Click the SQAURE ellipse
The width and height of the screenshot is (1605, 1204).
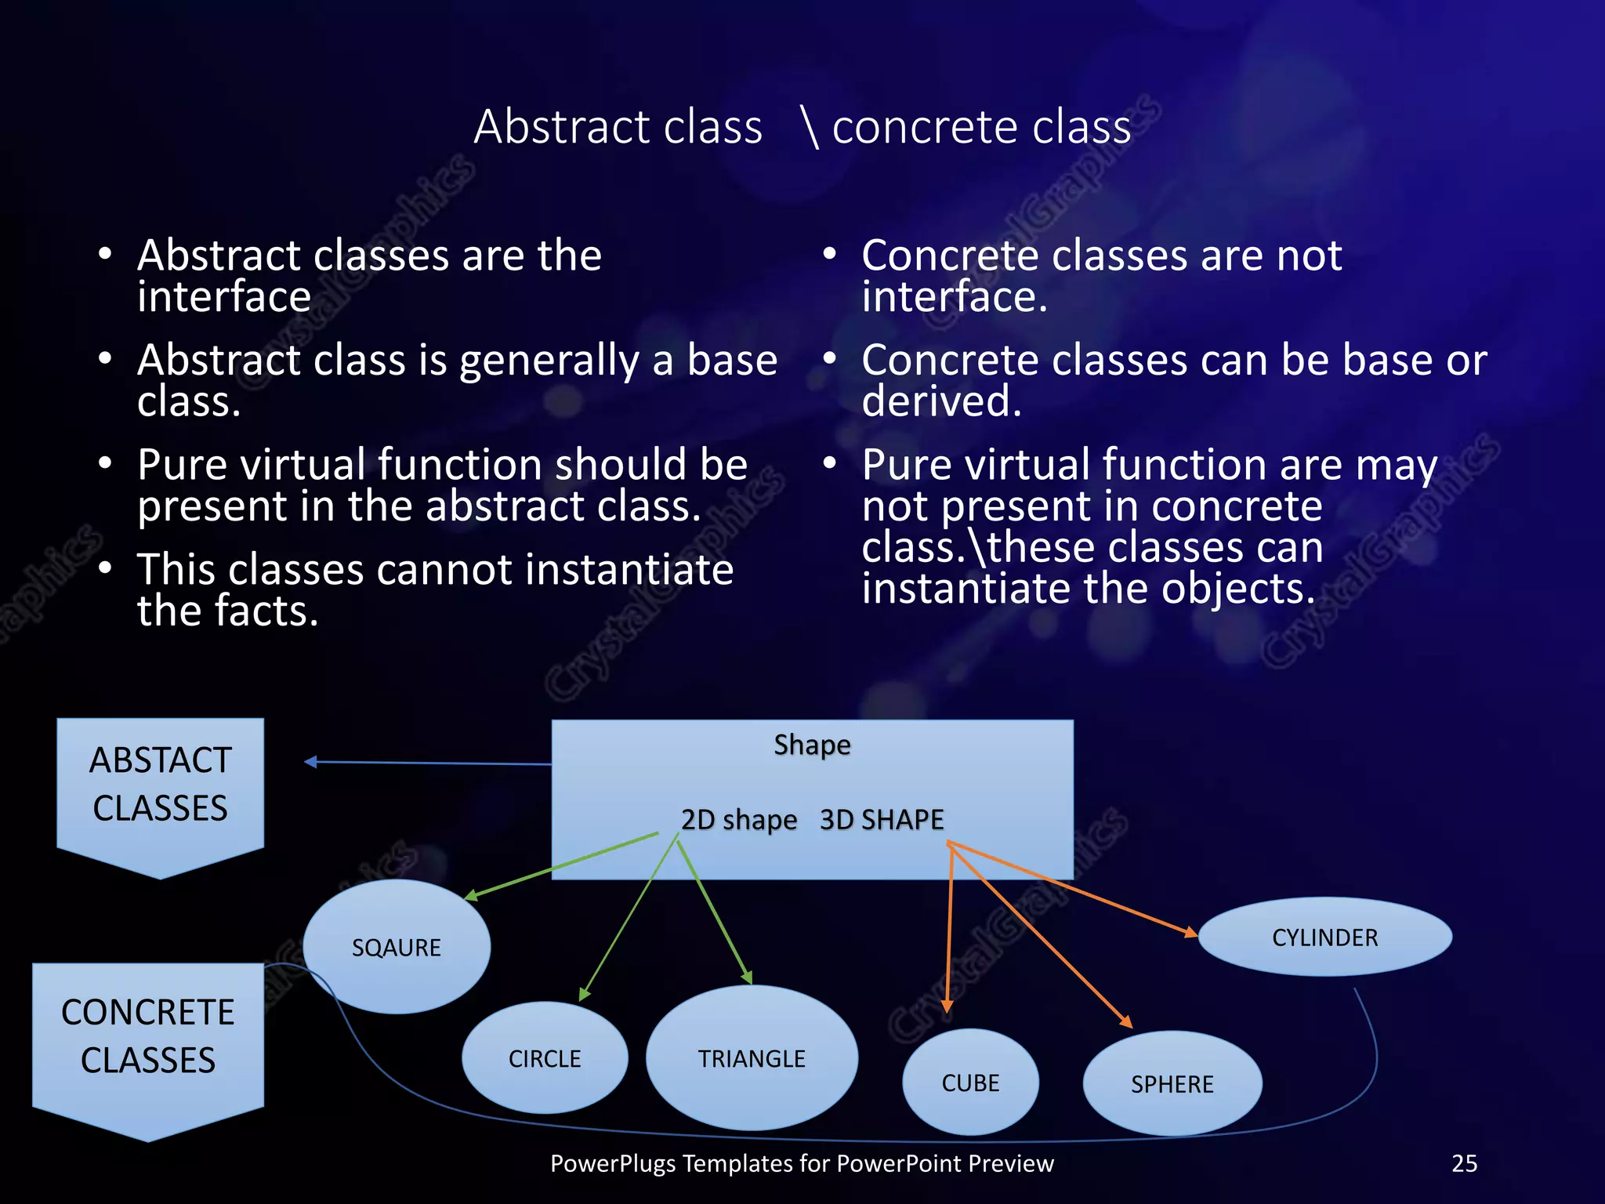397,947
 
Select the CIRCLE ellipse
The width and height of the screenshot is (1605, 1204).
545,1058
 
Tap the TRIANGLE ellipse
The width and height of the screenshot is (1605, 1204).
752,1058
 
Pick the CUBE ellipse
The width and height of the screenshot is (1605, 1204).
970,1083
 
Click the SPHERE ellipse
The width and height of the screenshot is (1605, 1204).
1172,1084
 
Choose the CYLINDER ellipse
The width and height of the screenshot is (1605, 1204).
1324,937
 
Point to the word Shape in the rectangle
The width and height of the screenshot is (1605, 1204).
812,745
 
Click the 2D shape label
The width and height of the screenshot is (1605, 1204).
738,820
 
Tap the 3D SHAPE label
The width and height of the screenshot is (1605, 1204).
882,820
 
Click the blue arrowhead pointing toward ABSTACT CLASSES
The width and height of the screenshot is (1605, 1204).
310,761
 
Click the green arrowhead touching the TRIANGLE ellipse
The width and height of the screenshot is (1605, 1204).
748,977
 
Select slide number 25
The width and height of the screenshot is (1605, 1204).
1464,1163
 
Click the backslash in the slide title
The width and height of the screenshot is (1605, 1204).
810,128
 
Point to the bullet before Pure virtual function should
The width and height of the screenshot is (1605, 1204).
106,463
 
